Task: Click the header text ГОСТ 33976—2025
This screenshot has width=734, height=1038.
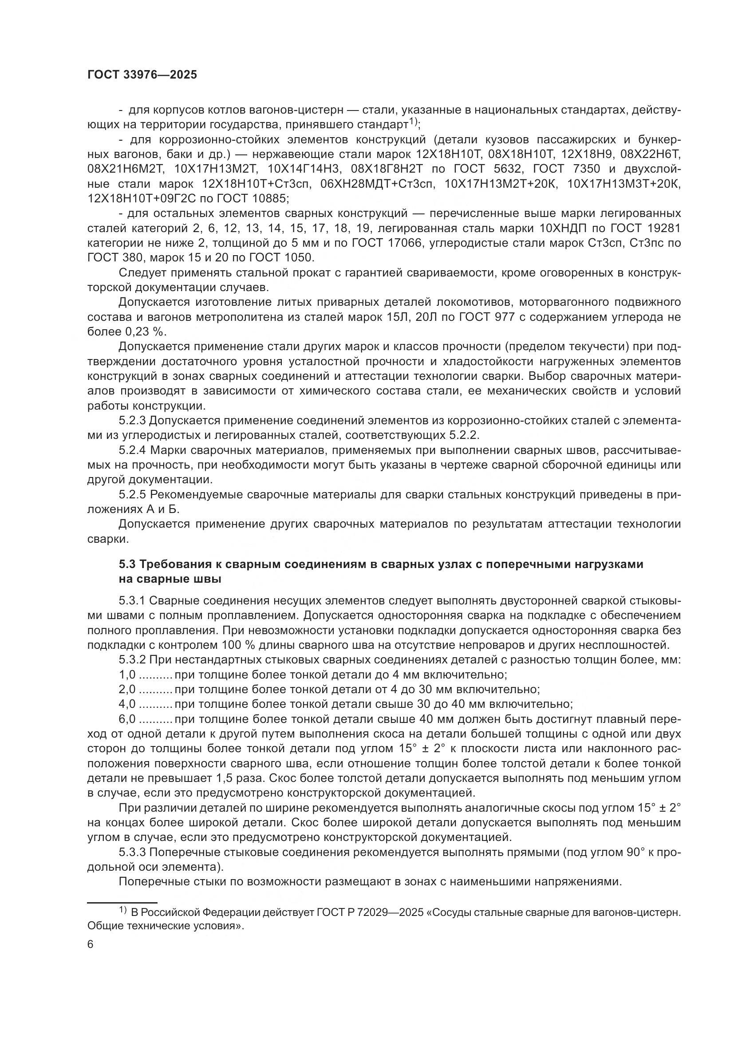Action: (x=142, y=75)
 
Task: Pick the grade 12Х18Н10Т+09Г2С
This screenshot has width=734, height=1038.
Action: (x=149, y=199)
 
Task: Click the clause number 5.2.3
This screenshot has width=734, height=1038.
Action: (x=132, y=420)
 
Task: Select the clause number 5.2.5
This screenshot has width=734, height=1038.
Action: (x=132, y=494)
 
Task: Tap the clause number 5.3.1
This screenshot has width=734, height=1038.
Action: (x=132, y=600)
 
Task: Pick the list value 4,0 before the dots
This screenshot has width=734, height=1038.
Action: (x=127, y=704)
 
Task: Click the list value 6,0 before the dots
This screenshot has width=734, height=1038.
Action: (x=127, y=719)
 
